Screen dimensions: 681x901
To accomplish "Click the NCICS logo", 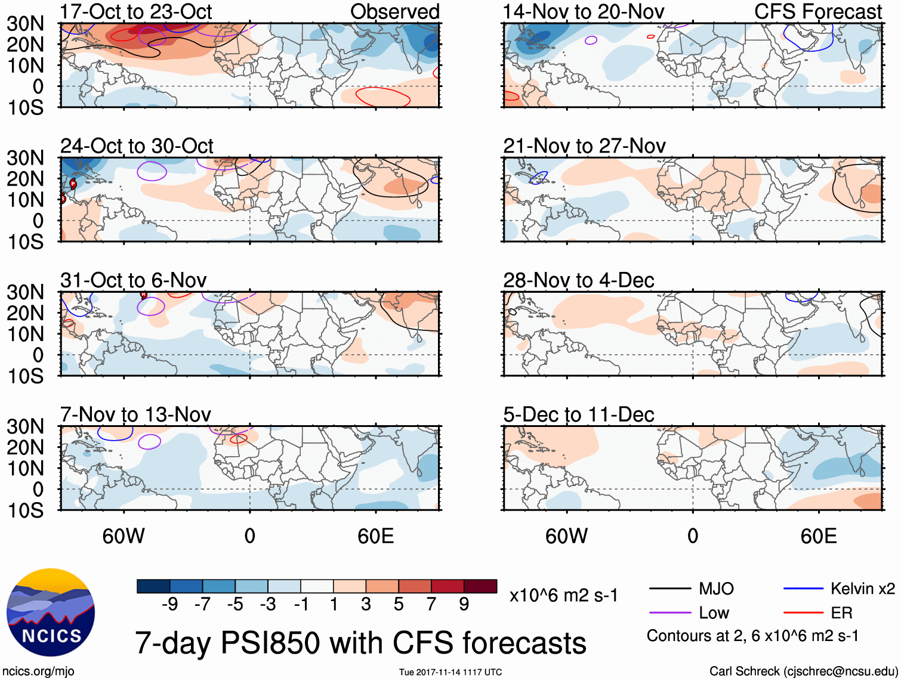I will coord(51,612).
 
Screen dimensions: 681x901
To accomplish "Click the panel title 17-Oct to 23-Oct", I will coord(136,12).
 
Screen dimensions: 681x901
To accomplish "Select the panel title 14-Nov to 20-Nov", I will coord(583,12).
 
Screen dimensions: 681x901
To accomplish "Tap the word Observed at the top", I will coord(394,12).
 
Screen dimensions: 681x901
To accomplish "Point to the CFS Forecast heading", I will coord(817,12).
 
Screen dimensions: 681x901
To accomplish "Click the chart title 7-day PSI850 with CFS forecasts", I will coord(360,643).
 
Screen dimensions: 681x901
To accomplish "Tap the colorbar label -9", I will coord(169,605).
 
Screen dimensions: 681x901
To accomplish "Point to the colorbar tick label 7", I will coord(431,605).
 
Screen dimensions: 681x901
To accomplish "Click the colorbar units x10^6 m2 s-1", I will coord(563,595).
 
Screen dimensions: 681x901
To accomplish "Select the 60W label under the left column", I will coord(124,536).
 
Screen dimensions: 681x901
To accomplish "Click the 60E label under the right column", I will coord(818,536).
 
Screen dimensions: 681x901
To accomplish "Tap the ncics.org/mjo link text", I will coord(38,671).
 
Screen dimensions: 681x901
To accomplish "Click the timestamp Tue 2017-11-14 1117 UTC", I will coord(450,672).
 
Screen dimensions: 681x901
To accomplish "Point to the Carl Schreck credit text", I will coord(803,671).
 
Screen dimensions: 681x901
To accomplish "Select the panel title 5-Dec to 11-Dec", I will coord(578,414).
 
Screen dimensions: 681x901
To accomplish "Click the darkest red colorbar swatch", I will coord(480,586).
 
